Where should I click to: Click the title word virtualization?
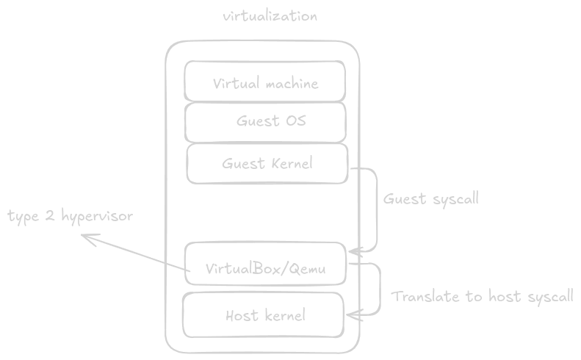pos(270,16)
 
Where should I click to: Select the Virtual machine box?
pos(265,82)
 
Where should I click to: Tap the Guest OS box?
pos(265,122)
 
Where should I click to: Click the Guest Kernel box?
pos(267,163)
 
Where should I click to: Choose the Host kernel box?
pos(263,316)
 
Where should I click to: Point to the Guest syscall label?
pos(430,199)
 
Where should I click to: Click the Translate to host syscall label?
pos(482,297)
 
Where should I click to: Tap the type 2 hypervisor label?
pos(70,217)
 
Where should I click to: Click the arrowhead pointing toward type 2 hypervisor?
pos(85,237)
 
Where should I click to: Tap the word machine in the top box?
pos(292,83)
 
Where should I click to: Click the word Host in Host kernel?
pos(241,316)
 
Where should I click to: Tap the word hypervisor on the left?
pos(97,217)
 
